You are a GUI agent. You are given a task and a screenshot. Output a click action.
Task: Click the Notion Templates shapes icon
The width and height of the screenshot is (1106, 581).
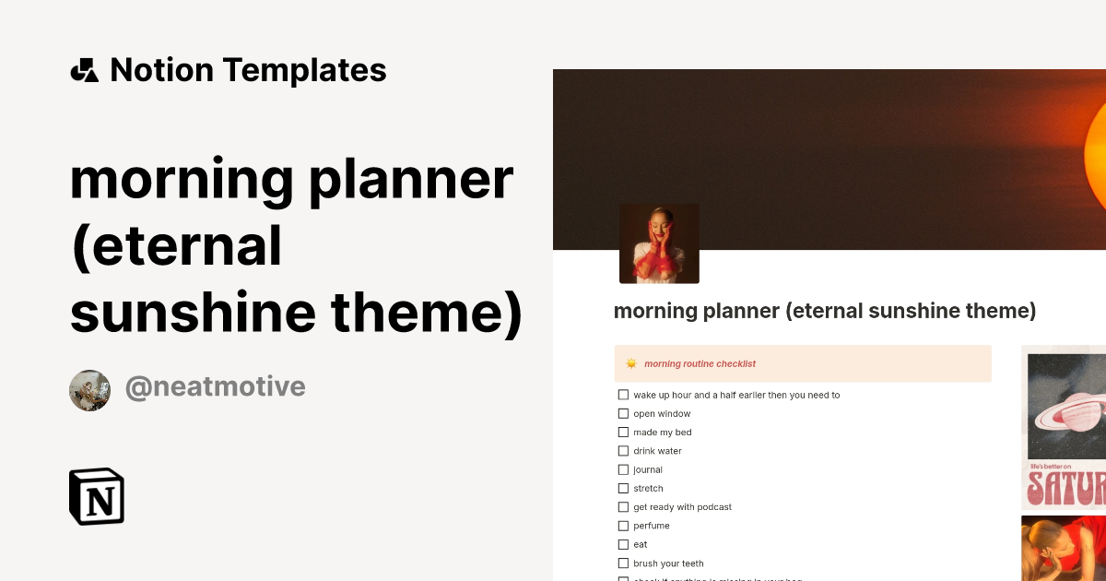coord(85,70)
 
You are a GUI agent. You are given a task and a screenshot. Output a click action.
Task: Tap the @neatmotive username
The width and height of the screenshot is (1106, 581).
coord(215,387)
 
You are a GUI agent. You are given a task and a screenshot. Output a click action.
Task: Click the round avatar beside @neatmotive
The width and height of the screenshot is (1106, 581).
coord(89,391)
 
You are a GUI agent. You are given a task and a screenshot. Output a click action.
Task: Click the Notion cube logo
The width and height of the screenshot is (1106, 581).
coord(97,496)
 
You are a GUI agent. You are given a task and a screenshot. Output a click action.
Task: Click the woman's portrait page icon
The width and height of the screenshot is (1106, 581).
coord(659,243)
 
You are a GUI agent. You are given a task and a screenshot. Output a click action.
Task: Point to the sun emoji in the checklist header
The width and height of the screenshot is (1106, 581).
coord(631,363)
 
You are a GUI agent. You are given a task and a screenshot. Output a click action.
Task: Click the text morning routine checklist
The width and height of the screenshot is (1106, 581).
coord(700,363)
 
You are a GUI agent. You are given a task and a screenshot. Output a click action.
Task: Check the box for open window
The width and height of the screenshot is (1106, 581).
coord(623,414)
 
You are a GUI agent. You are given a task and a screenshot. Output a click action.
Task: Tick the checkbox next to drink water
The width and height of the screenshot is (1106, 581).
coord(623,451)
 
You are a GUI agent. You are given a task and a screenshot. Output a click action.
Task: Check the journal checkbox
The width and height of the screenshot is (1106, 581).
coord(623,469)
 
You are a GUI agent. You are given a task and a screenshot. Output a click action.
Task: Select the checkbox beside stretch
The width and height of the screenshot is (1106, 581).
coord(623,489)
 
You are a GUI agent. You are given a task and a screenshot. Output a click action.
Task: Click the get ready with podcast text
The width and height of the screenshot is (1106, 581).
coord(682,507)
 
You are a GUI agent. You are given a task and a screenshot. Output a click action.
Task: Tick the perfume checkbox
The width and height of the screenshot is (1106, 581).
coord(623,526)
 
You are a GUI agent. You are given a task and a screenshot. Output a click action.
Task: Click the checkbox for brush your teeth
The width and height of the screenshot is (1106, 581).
coord(623,563)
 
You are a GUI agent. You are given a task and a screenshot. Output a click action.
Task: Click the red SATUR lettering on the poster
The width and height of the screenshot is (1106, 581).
coord(1065,485)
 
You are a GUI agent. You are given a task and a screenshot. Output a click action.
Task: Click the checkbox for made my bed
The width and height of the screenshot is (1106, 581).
coord(623,433)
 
